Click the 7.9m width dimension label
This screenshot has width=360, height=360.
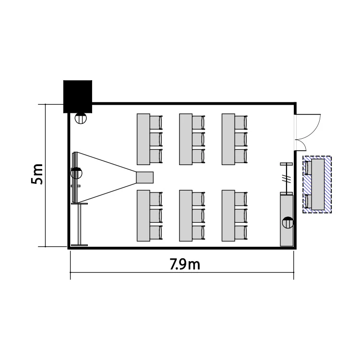point(185,264)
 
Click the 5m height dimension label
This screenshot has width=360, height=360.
point(37,174)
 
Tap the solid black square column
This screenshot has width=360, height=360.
point(78,96)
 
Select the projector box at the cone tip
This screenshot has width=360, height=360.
point(145,177)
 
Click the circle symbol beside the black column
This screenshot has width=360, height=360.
point(81,118)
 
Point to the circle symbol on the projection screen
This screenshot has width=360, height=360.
point(76,173)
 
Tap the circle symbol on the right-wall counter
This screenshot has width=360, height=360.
point(288,222)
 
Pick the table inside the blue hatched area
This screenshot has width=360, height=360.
point(318,184)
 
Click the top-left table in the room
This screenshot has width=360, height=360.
point(144,139)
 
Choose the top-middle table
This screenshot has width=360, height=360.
point(186,139)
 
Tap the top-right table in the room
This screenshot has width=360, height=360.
point(228,139)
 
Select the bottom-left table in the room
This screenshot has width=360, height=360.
point(144,216)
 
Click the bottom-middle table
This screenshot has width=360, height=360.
point(186,216)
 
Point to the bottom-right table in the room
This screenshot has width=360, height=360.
point(228,216)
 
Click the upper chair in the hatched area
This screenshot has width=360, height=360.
point(309,168)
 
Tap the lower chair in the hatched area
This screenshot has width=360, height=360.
point(309,201)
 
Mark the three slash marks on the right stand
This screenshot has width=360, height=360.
point(286,179)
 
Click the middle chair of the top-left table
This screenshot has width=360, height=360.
point(156,139)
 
